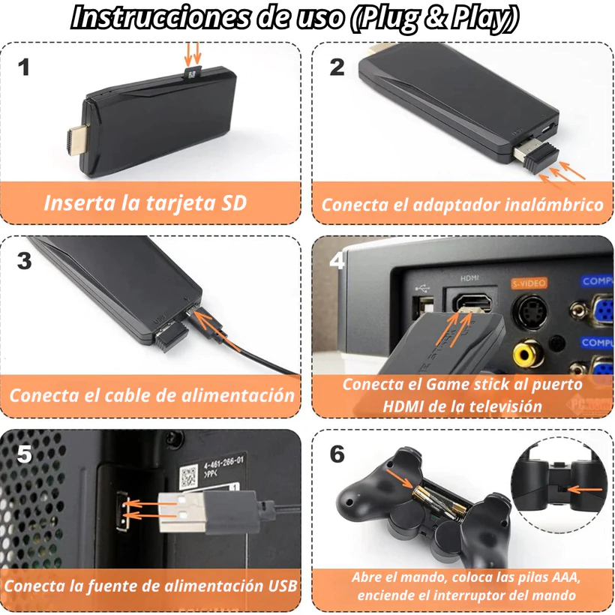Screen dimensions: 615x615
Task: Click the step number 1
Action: click(x=24, y=67)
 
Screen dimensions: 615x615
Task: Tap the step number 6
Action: click(x=337, y=454)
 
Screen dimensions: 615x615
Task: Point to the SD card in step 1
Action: click(x=192, y=72)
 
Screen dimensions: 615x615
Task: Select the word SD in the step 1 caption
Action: click(x=234, y=202)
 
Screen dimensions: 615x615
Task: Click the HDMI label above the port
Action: click(x=469, y=278)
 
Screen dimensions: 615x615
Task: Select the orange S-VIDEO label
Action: click(x=529, y=283)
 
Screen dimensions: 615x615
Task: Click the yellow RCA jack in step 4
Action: click(x=528, y=354)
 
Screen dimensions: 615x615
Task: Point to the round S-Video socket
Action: click(x=531, y=312)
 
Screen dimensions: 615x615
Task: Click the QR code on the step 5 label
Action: click(x=189, y=476)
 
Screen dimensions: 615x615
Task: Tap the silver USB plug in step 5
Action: click(x=181, y=513)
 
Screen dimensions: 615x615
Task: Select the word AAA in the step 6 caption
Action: click(x=565, y=577)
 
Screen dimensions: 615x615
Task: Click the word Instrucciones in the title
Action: click(x=160, y=18)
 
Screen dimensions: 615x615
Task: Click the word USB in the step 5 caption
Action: click(x=283, y=586)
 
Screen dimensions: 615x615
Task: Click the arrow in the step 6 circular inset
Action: click(x=585, y=490)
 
